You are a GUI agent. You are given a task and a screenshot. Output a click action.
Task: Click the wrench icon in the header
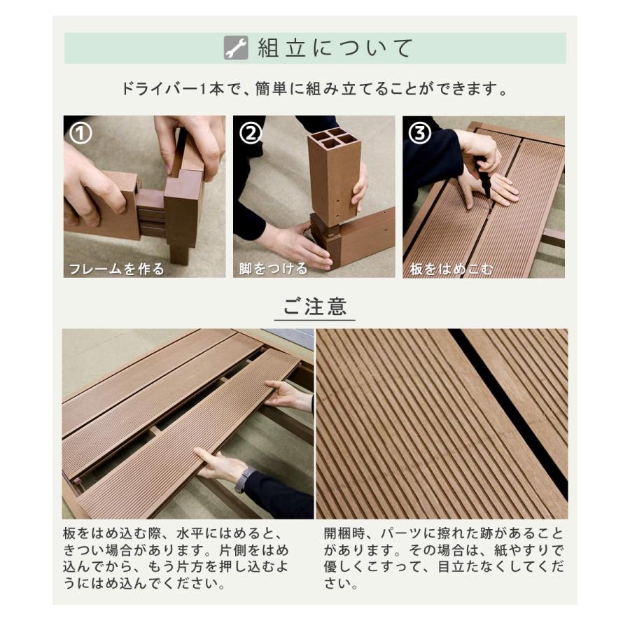point(236,48)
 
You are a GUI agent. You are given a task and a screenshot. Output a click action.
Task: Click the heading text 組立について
point(337,48)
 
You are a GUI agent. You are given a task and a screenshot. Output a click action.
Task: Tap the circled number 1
point(81,133)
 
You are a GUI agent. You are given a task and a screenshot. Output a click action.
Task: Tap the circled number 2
point(251,133)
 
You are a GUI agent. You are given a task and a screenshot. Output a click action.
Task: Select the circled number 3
point(420,133)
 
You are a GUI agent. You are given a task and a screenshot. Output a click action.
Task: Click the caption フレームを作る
point(116,269)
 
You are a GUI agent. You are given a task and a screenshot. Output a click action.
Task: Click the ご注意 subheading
point(315,307)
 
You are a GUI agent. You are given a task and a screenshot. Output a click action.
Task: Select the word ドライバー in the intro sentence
point(155,90)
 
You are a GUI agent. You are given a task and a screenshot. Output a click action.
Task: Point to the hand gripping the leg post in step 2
point(360,185)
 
